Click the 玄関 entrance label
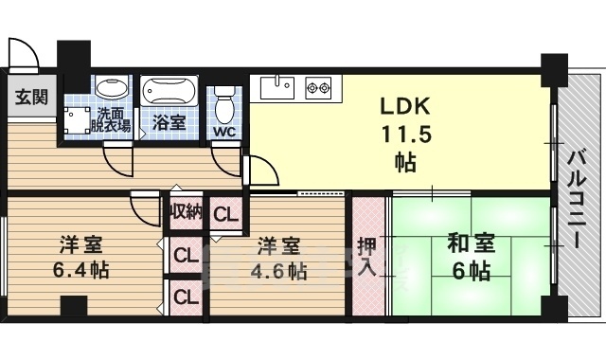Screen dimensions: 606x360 point(31,97)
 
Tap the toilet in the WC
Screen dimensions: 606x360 point(223,103)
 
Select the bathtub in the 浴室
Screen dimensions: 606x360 point(169,91)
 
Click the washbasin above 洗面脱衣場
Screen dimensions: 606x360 point(112,86)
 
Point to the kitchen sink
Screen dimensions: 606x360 point(277,88)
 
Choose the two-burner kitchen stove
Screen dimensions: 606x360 point(319,88)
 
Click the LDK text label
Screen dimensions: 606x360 point(404,105)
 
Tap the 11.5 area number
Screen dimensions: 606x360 point(406,135)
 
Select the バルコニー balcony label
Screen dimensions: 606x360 point(578,200)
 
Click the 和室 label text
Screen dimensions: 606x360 point(472,243)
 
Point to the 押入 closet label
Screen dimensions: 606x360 point(366,257)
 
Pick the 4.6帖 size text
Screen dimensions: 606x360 point(278,272)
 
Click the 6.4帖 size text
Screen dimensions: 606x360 point(80,270)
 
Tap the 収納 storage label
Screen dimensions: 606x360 point(187,211)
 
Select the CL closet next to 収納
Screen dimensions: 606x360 point(225,214)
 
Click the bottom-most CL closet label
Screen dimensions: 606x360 point(186,297)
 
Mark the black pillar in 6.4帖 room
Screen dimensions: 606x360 point(74,306)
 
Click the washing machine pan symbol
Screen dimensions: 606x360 point(77,120)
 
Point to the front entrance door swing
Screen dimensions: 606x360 point(23,53)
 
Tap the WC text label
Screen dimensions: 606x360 point(224,133)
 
